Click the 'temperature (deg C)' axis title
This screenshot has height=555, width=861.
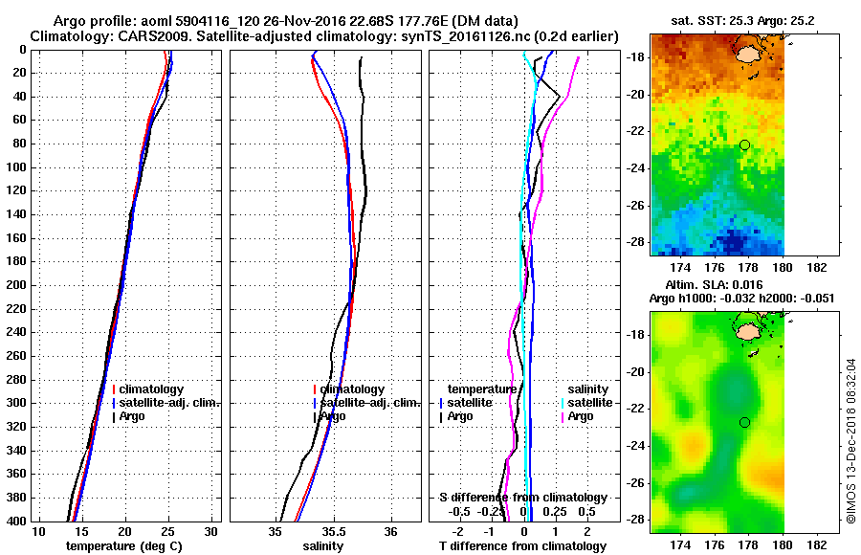click(123, 546)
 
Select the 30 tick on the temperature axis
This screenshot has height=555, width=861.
click(211, 531)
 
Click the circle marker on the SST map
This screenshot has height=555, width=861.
click(744, 144)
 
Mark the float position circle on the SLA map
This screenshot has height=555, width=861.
click(744, 422)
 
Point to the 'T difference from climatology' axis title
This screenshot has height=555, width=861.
click(522, 546)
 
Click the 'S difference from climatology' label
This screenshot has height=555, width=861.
click(522, 498)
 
